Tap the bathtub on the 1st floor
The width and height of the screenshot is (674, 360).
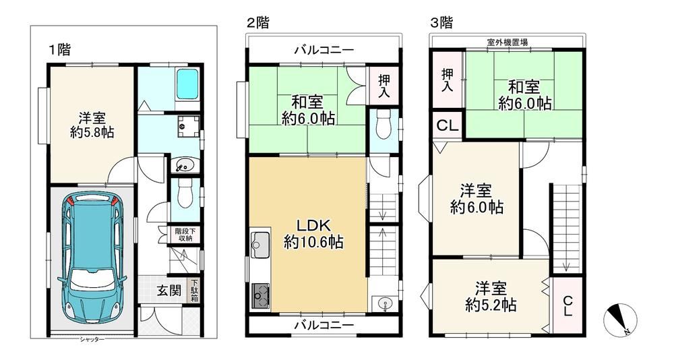[x=187, y=84]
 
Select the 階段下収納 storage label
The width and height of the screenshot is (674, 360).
[x=185, y=235]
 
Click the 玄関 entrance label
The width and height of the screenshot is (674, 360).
[x=168, y=291]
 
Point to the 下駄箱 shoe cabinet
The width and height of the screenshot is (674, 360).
[x=195, y=291]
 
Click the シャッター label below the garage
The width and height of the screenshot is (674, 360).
[x=92, y=340]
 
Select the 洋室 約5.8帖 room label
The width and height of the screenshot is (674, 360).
[x=92, y=125]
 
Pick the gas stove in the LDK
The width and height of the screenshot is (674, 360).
[x=259, y=295]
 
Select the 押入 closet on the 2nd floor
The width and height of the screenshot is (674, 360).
[x=384, y=86]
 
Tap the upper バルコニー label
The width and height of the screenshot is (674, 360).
[x=324, y=51]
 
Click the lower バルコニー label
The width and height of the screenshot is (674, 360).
[x=324, y=325]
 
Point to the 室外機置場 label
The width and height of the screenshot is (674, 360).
[x=508, y=42]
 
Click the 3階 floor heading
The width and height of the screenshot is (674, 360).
[x=442, y=22]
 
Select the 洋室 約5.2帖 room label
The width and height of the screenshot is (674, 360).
[x=491, y=297]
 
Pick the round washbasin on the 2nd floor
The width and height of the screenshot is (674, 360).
[x=383, y=303]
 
